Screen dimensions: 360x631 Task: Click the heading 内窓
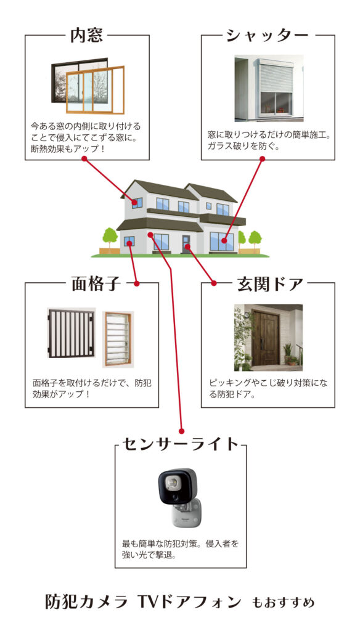click(x=86, y=35)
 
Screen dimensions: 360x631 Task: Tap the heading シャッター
click(x=268, y=35)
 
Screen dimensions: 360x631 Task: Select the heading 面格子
click(x=96, y=283)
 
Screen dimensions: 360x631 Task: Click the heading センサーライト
click(x=181, y=444)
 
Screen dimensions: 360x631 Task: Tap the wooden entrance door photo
click(x=268, y=337)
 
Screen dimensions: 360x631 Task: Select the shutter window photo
click(x=269, y=88)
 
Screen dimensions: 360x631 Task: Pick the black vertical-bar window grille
click(x=72, y=333)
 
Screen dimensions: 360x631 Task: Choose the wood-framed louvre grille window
click(x=118, y=340)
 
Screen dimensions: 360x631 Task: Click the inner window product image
click(x=88, y=86)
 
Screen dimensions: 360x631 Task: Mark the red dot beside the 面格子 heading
click(x=136, y=283)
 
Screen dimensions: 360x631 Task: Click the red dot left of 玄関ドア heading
click(x=214, y=283)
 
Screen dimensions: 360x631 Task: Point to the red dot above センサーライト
click(x=181, y=430)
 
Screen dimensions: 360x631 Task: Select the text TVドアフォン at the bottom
click(x=189, y=601)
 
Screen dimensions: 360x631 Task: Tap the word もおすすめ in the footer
click(x=283, y=603)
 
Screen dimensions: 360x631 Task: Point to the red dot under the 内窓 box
click(x=84, y=159)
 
